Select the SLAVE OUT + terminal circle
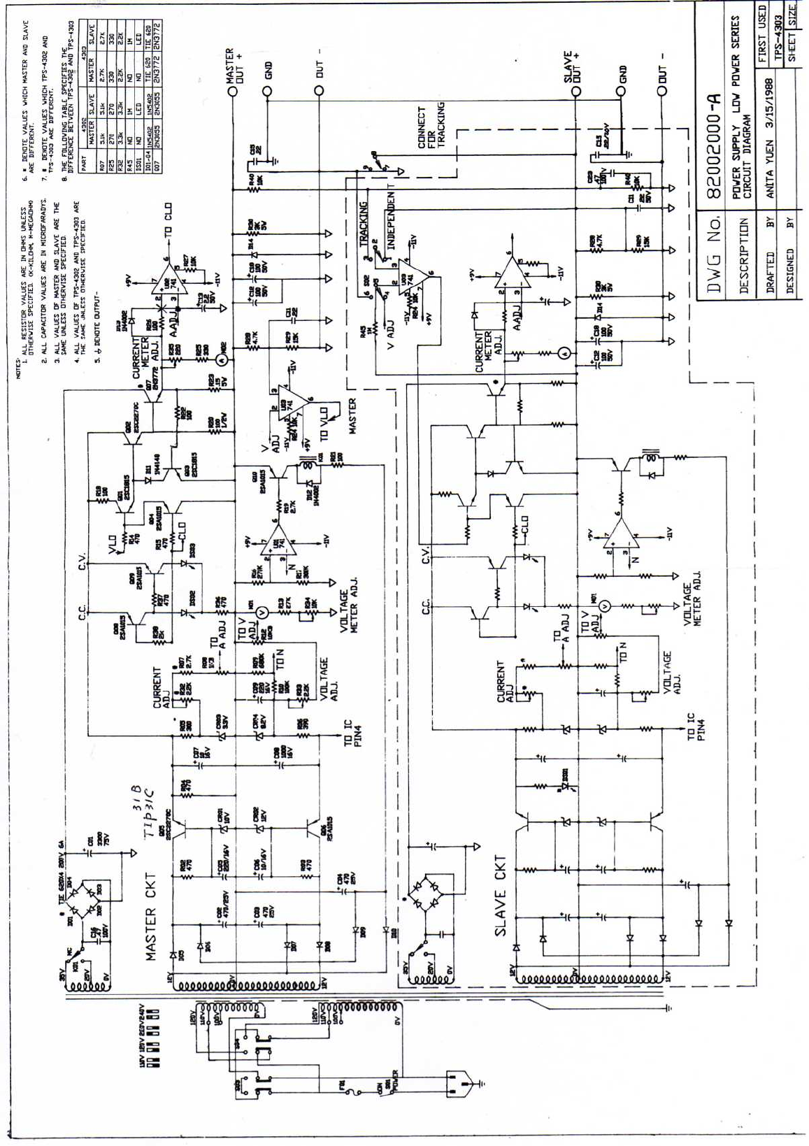[575, 92]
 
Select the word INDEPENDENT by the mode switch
[392, 221]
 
